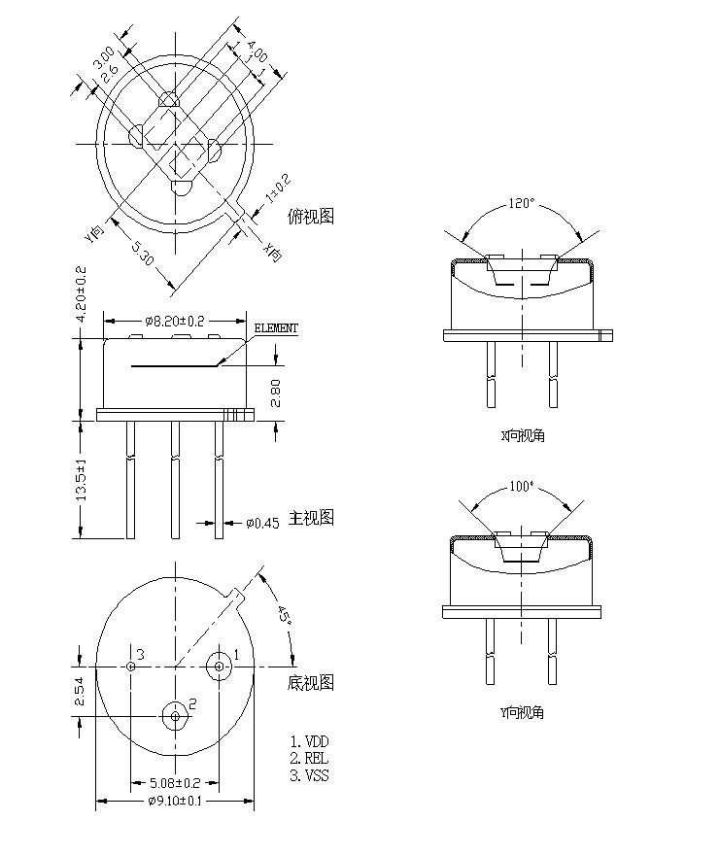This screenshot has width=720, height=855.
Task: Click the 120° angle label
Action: click(x=522, y=204)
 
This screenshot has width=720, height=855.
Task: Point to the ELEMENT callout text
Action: click(x=276, y=328)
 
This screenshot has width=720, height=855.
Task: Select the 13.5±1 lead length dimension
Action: click(x=82, y=480)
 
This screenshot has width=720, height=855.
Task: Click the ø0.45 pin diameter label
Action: click(x=261, y=523)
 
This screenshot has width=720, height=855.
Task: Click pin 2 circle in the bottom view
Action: click(x=176, y=716)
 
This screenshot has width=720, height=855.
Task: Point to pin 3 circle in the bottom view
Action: click(x=131, y=666)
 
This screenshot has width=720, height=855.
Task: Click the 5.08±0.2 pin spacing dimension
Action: click(x=175, y=782)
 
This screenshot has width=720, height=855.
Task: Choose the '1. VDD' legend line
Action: click(x=311, y=741)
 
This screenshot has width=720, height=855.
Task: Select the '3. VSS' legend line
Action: click(x=310, y=775)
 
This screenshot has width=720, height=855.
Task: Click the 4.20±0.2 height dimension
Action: click(x=82, y=293)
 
